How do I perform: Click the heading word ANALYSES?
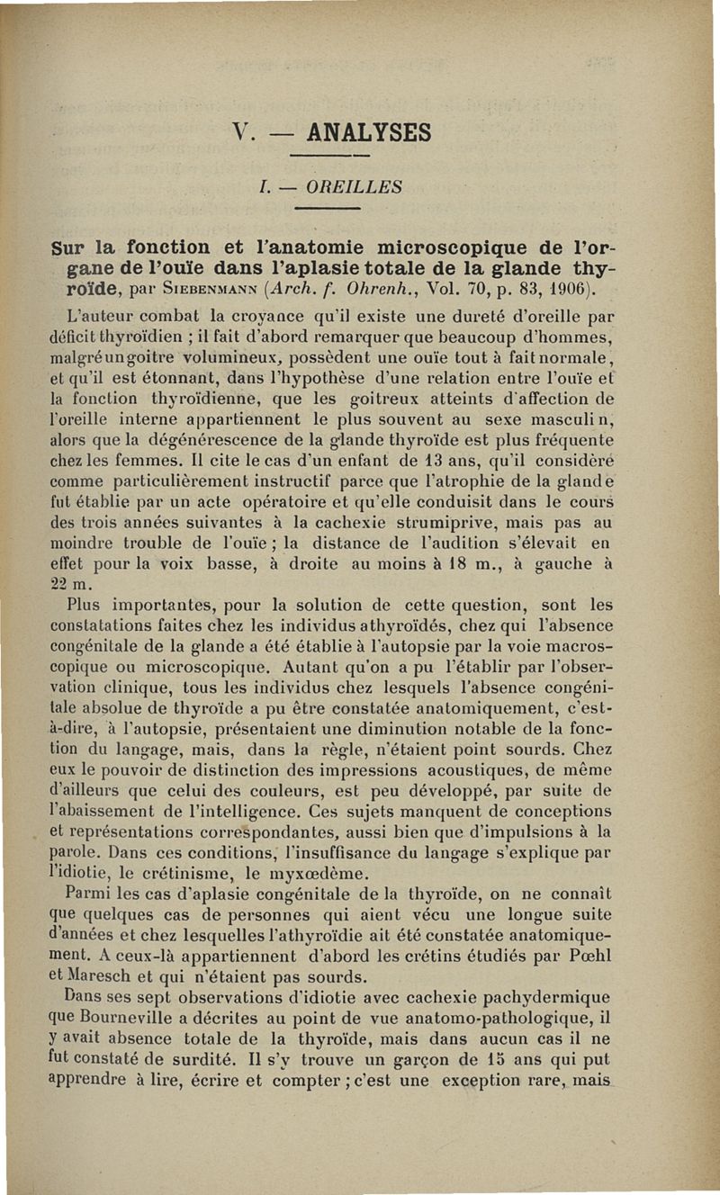368,133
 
